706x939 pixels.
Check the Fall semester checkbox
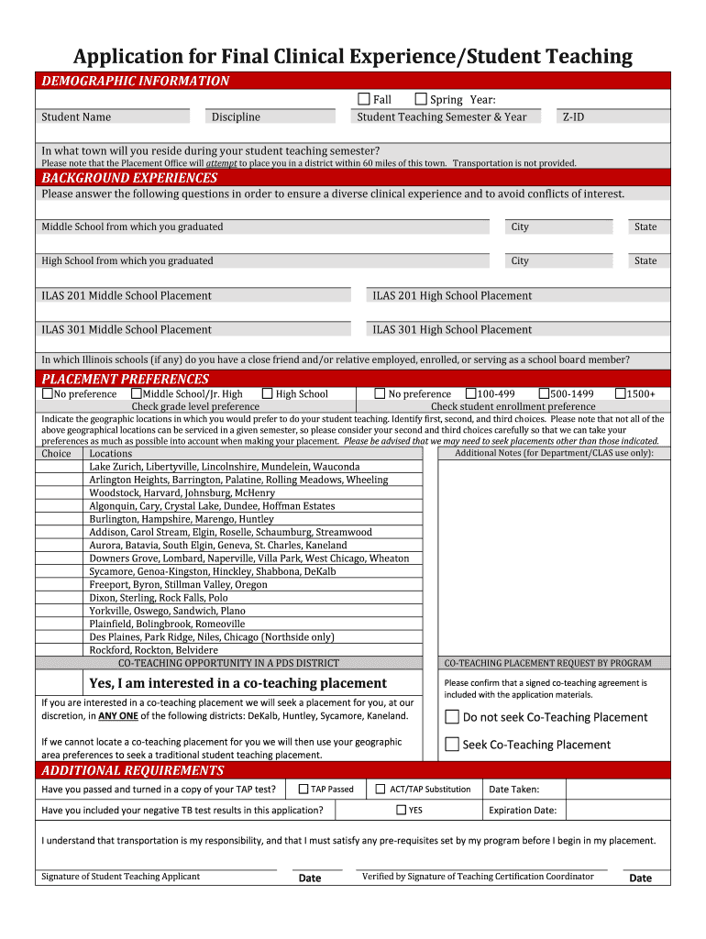[364, 99]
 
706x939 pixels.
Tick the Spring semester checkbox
[421, 99]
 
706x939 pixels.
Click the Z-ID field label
[573, 116]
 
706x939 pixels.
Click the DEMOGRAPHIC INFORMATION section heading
[135, 81]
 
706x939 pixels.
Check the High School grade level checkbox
[267, 393]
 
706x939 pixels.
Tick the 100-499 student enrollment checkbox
[471, 393]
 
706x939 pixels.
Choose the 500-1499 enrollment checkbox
[544, 393]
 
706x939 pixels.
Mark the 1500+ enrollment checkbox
[620, 393]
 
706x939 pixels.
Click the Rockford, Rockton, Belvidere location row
[153, 650]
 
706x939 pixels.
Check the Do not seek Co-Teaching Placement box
[452, 717]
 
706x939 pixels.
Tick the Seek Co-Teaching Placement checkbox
[452, 745]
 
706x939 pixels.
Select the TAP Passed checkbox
[303, 789]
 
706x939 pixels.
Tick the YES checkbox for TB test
[401, 810]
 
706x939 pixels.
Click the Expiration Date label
[523, 811]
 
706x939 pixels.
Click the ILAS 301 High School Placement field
[452, 329]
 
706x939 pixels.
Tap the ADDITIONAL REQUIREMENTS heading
[132, 770]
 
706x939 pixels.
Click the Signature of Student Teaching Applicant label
[120, 877]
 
